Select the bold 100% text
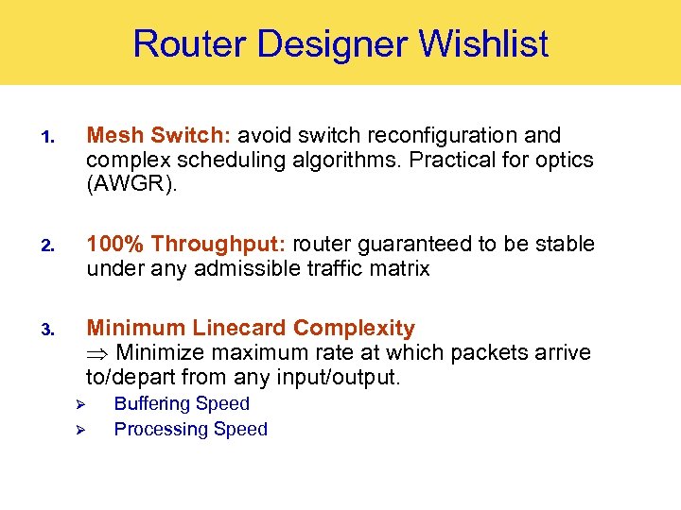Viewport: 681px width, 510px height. tap(115, 245)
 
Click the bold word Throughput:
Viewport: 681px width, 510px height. tap(218, 245)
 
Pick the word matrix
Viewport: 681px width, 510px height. tap(397, 269)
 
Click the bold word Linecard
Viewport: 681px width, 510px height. tap(239, 329)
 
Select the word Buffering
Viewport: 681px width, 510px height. tap(154, 404)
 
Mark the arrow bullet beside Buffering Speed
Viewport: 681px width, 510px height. tap(81, 405)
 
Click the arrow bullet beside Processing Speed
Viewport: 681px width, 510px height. tap(81, 431)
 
